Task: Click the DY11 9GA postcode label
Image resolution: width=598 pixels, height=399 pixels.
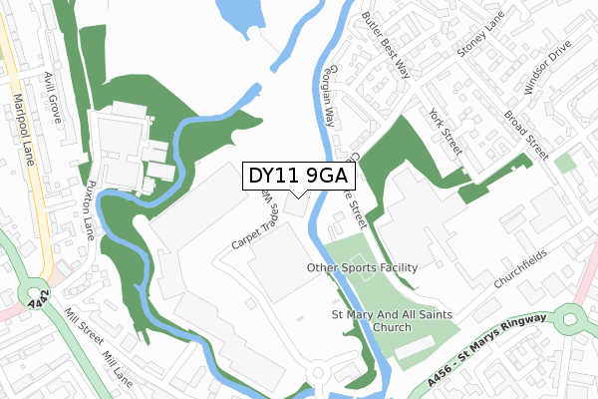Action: [298, 177]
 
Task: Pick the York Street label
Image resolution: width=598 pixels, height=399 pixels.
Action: [445, 132]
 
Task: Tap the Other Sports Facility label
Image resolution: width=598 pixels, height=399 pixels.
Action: [363, 268]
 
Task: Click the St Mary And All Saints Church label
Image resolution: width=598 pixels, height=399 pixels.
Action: [384, 321]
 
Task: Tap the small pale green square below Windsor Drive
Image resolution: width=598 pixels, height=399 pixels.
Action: [565, 163]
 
